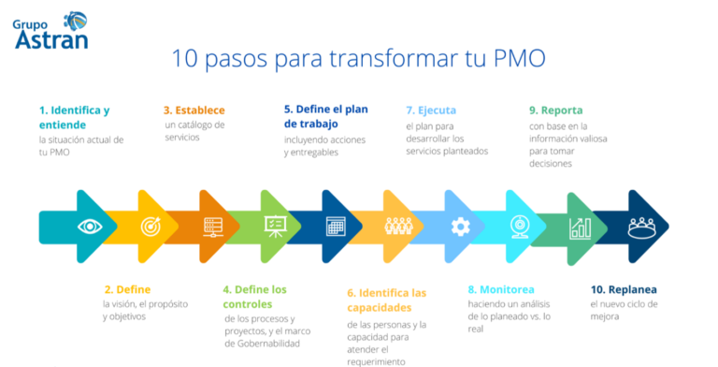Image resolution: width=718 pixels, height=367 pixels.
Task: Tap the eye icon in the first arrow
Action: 90,226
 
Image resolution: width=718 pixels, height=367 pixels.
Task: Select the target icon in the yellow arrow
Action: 151,226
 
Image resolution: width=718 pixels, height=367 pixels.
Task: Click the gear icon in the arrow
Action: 460,226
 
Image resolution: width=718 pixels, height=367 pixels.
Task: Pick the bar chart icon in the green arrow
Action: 581,227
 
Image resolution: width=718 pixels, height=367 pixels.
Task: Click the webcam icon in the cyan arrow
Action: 520,226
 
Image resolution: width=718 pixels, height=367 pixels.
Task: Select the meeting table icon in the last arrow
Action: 641,226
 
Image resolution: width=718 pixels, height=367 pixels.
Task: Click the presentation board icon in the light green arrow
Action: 275,226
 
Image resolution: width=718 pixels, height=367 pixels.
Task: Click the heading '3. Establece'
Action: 194,110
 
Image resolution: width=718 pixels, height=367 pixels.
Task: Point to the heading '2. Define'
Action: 127,289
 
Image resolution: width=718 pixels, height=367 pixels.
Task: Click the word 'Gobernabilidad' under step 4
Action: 263,344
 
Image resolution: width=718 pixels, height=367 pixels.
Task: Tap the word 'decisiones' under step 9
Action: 551,164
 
